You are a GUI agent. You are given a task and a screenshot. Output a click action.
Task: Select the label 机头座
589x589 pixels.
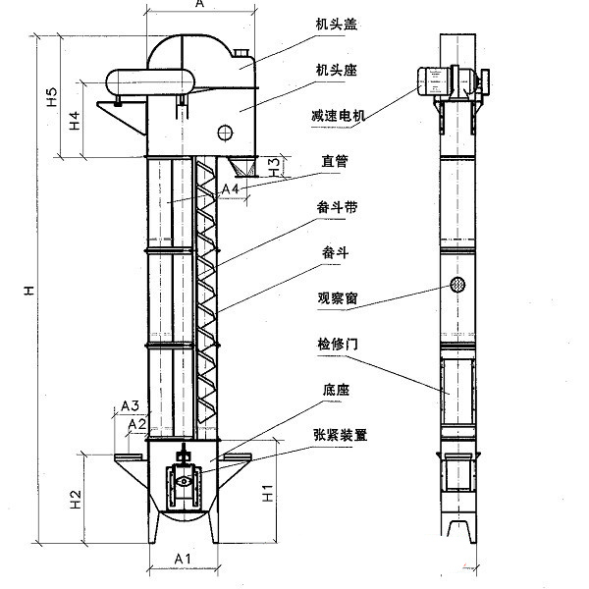click(335, 71)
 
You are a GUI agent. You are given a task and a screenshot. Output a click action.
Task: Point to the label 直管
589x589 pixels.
click(335, 159)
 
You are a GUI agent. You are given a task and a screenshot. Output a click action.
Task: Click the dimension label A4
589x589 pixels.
click(231, 187)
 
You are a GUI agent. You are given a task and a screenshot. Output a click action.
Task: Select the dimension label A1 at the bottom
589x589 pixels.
click(182, 560)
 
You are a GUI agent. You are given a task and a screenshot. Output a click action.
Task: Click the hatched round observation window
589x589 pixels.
click(456, 286)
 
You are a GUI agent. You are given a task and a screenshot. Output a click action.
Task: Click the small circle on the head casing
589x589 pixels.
click(226, 132)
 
